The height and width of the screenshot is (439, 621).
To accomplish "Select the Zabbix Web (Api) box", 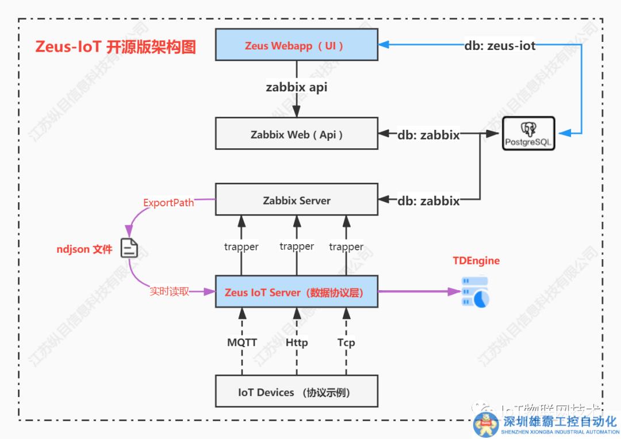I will point(296,134).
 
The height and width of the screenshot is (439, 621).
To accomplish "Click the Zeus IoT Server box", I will point(296,292).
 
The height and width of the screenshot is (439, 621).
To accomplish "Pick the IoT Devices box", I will point(296,392).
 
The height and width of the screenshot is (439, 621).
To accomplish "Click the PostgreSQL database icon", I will point(528,133).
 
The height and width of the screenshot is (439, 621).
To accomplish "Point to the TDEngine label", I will point(476,261).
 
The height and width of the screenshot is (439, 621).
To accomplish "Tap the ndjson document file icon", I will point(129,248).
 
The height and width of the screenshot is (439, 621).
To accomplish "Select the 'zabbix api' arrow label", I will point(296,88).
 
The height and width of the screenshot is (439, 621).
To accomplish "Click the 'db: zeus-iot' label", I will point(500,45).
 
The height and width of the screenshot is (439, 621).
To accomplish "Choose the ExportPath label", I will point(168,202).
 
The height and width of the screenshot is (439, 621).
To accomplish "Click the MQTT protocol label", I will point(242,342).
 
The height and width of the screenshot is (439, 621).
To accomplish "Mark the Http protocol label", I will point(297,342).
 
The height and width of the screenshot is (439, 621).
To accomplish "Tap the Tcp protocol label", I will point(346,342).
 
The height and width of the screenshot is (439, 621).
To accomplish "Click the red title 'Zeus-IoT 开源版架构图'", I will point(116,47).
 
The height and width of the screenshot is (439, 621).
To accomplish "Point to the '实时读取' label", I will point(169,291).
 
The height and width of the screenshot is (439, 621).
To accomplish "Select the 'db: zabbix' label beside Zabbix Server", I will point(428,201).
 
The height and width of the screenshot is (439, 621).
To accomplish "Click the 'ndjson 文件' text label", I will point(84,249).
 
